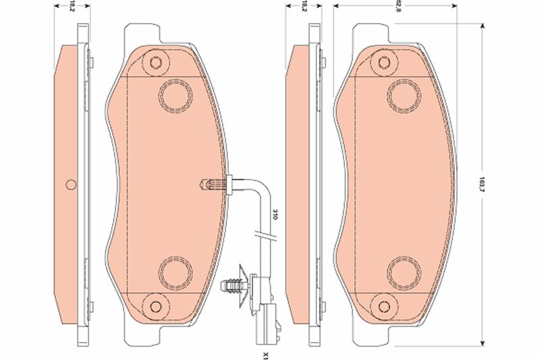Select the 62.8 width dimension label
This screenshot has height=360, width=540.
(x=399, y=7)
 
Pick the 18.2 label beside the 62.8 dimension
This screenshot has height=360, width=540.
(x=304, y=7)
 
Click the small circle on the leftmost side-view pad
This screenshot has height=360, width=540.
(x=72, y=184)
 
